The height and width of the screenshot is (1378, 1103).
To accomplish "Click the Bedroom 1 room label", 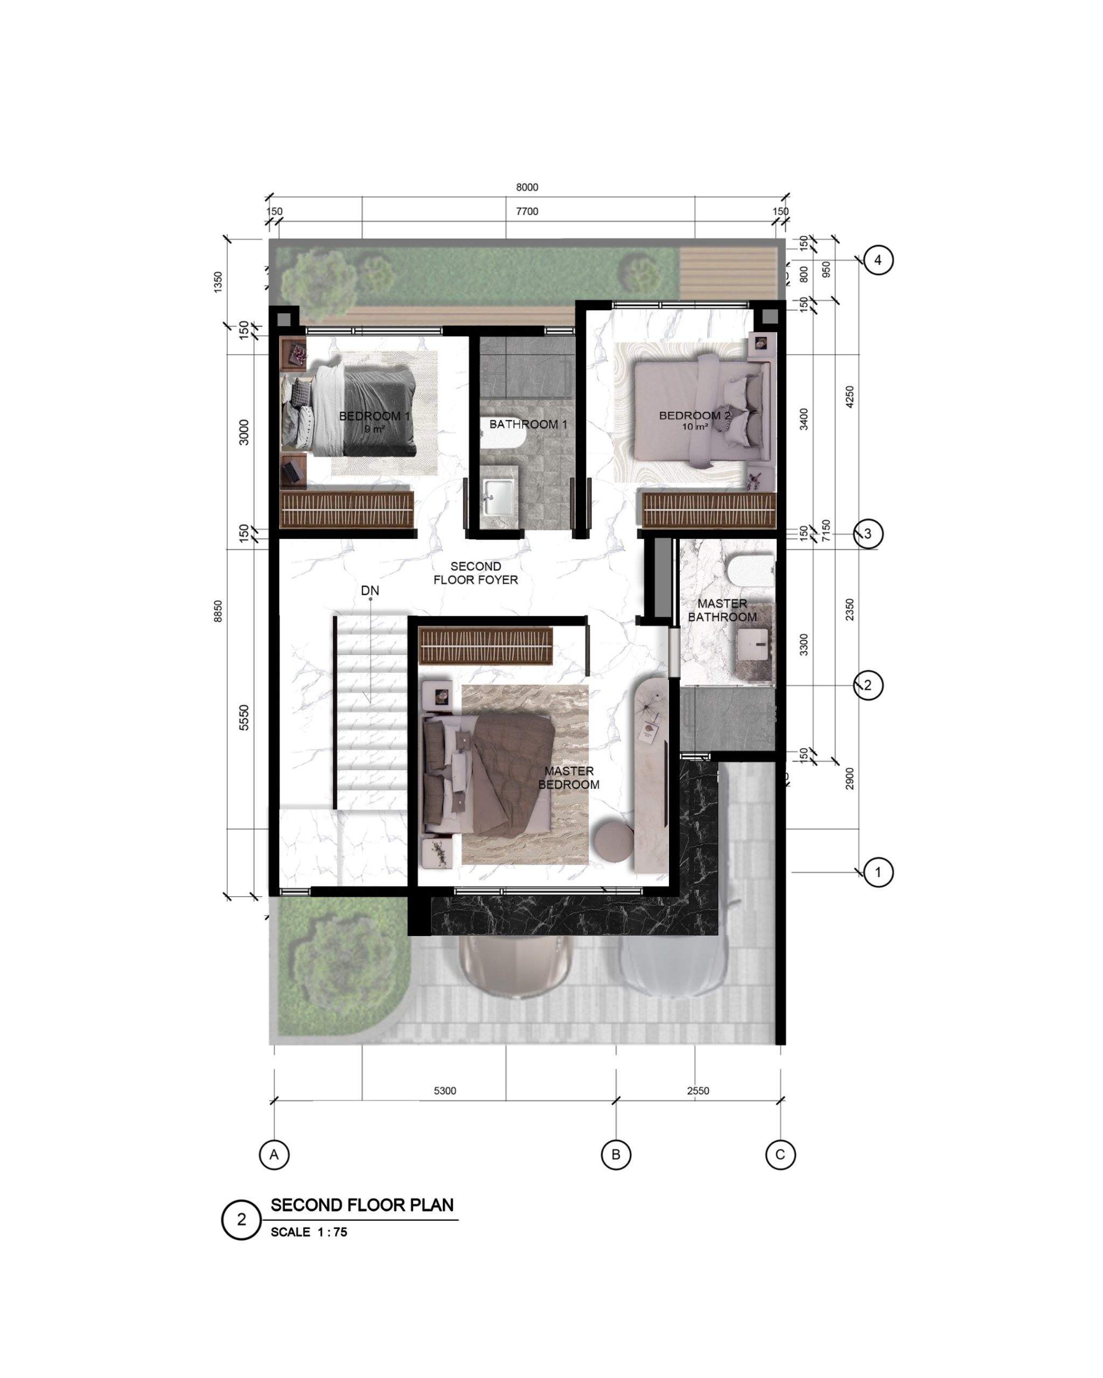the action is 374,416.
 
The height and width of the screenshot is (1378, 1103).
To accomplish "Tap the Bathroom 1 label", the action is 528,424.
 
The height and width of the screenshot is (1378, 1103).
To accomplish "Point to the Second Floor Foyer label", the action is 476,573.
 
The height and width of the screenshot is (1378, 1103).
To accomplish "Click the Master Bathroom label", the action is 722,610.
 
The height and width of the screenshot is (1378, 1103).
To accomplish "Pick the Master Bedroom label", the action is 568,777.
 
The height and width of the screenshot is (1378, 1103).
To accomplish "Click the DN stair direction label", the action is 369,590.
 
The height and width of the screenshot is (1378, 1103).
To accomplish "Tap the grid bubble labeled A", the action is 274,1154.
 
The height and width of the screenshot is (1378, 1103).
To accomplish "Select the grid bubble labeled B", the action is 616,1154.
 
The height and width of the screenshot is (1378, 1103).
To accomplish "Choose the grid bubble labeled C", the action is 780,1154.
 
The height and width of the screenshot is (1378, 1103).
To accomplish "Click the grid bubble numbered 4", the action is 878,260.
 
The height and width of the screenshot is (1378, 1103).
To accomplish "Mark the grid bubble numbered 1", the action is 878,872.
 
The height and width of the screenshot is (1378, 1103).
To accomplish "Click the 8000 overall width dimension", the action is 527,187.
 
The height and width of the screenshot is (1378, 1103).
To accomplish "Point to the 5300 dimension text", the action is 445,1091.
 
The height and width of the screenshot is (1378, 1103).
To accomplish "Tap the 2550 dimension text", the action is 698,1091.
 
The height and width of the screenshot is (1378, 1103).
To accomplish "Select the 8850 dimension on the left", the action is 218,611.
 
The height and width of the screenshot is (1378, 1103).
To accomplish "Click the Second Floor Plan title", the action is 362,1205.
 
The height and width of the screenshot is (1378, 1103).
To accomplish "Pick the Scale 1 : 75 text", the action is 309,1232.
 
